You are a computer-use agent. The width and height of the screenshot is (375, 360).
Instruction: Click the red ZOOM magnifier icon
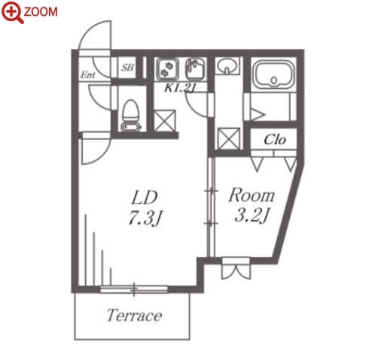(12, 13)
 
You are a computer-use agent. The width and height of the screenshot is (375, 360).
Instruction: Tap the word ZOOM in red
(41, 12)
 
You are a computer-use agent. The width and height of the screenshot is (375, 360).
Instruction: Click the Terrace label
(134, 316)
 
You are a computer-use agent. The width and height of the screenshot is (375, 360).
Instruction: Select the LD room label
(145, 197)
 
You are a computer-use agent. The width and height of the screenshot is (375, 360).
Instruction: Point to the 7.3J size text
(145, 218)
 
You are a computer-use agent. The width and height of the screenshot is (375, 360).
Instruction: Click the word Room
(252, 195)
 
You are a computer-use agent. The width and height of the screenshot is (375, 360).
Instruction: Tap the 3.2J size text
(252, 215)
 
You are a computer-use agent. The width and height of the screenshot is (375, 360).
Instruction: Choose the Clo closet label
(275, 139)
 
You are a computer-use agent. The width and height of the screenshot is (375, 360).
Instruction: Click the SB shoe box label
(128, 67)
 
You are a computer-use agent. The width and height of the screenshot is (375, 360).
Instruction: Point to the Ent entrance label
(88, 75)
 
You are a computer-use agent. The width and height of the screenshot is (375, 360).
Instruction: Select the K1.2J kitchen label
(180, 87)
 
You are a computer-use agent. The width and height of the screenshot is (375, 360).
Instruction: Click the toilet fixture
(130, 115)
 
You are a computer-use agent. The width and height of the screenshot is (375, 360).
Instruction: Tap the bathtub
(274, 72)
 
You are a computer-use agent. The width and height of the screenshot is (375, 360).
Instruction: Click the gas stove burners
(168, 69)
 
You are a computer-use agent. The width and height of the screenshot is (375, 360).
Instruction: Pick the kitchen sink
(196, 69)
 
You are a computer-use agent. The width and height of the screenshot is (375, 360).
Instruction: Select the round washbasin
(227, 66)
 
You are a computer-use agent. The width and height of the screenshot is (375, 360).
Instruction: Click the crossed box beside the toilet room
(164, 121)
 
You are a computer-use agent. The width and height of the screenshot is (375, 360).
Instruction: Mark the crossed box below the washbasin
(229, 139)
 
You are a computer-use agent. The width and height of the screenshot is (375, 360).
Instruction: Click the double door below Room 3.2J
(236, 268)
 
